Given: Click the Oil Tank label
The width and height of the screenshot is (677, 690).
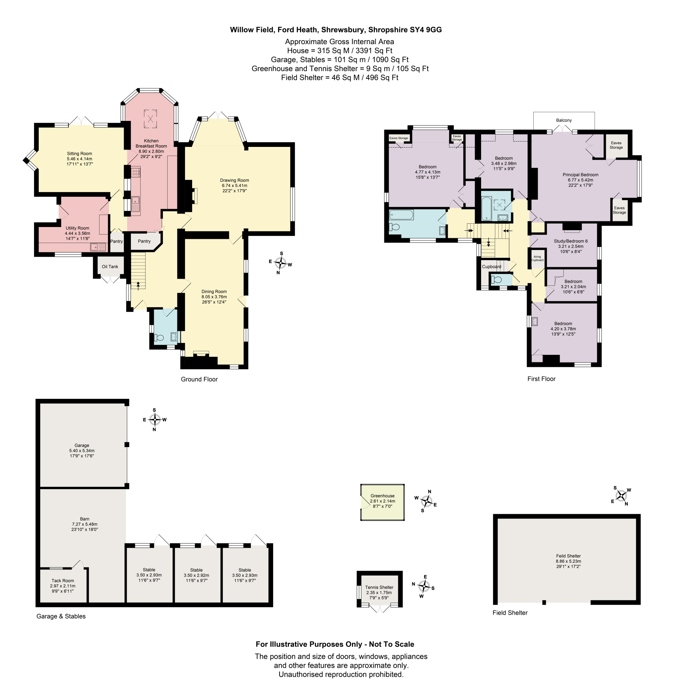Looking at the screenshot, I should tap(110, 267).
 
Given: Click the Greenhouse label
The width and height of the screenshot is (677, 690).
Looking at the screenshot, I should tap(382, 496).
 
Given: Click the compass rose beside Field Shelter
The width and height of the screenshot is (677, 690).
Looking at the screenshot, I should tap(621, 496).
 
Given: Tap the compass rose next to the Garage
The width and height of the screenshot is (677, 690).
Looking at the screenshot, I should tap(155, 419).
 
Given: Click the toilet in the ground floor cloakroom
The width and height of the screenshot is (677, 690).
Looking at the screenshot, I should tap(158, 338).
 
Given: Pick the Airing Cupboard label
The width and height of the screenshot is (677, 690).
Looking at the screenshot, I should tap(537, 258).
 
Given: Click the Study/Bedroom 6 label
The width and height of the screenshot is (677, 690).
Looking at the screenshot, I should tap(571, 241).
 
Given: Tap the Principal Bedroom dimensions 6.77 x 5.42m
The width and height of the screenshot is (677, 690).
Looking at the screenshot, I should tap(580, 180).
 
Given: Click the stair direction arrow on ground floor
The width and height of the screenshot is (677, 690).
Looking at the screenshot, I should tap(138, 284).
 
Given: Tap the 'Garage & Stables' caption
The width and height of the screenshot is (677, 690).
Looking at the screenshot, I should tap(61, 617).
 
